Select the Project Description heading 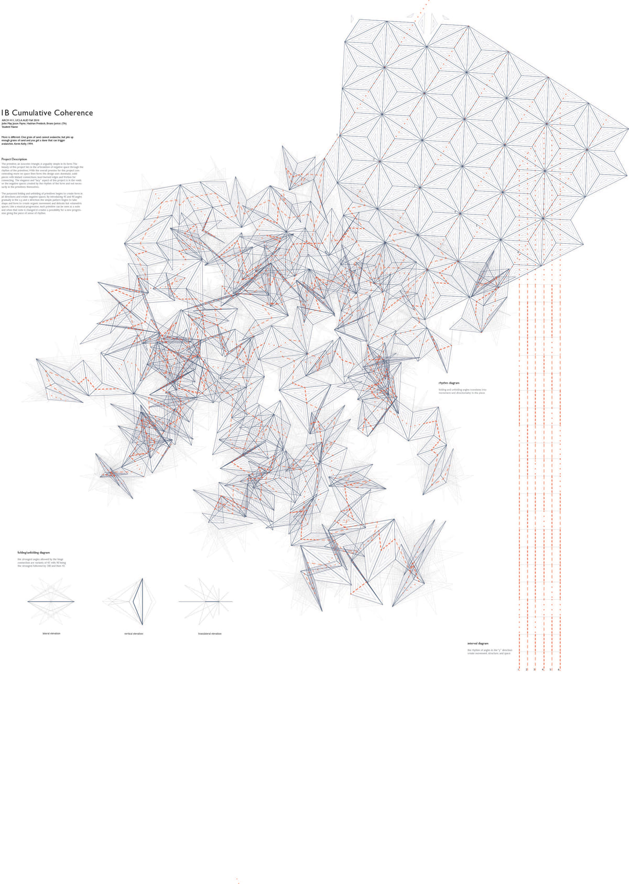coord(14,159)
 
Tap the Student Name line coord(10,127)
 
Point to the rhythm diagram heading coord(449,383)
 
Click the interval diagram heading coord(478,643)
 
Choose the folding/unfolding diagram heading coord(34,553)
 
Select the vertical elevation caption coord(134,634)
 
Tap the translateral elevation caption coord(210,634)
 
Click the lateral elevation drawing coord(51,601)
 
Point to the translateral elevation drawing coord(205,601)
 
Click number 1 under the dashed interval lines coord(518,670)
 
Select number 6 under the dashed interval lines coord(559,670)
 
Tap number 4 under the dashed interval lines coord(543,670)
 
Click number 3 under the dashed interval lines coord(535,670)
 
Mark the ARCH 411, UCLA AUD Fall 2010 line coord(20,121)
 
